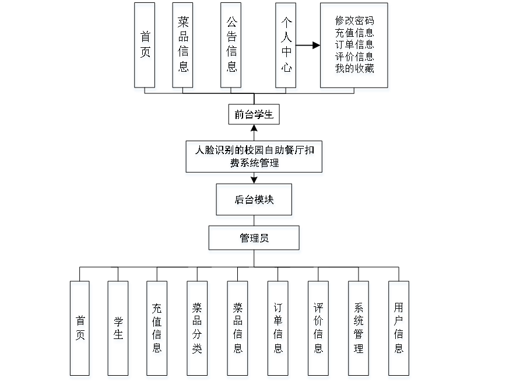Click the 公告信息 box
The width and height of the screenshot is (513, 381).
(x=232, y=47)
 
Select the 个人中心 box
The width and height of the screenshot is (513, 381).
(x=286, y=47)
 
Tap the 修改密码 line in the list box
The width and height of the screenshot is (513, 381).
(x=354, y=22)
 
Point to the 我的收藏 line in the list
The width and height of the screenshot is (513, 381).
(x=354, y=69)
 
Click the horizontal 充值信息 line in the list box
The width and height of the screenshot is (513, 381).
(x=354, y=34)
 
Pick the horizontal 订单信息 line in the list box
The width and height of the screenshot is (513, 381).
(x=354, y=46)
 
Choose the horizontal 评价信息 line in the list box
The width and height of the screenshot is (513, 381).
(x=354, y=57)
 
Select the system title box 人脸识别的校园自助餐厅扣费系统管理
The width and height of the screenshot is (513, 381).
(x=254, y=158)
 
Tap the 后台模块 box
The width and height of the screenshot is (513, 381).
(x=255, y=202)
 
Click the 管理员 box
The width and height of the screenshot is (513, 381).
(x=255, y=240)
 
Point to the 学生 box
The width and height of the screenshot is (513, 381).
(x=118, y=330)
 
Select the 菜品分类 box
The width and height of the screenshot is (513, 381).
(x=198, y=330)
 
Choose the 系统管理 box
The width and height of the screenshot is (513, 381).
(x=359, y=330)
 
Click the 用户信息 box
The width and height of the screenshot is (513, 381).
(x=399, y=330)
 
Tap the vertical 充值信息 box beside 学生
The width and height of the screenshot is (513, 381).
(x=157, y=330)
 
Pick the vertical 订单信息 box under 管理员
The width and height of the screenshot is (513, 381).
(x=279, y=330)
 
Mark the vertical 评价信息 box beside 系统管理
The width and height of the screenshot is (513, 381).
(x=318, y=330)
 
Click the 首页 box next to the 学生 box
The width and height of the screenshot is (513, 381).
(x=80, y=330)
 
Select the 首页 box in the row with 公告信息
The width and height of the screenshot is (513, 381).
(x=146, y=47)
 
